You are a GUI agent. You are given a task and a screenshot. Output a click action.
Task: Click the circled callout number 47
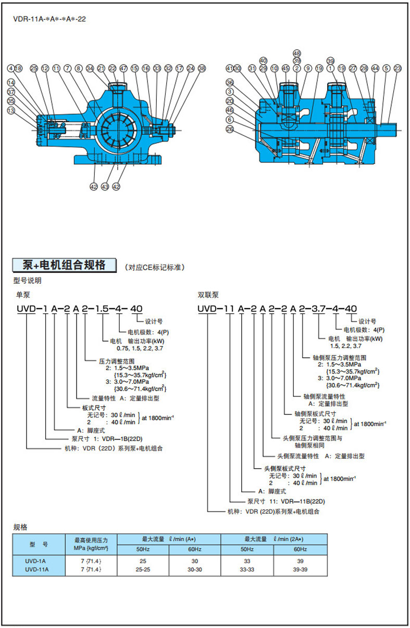point(123,68)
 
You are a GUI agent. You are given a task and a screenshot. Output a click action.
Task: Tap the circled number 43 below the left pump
point(104,186)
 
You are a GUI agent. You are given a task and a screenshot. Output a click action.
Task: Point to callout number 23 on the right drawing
point(397,68)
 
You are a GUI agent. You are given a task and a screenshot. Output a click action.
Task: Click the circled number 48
point(297,54)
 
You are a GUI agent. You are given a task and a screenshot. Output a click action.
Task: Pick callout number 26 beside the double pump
point(229,129)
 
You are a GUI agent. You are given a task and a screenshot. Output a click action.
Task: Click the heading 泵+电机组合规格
point(65,265)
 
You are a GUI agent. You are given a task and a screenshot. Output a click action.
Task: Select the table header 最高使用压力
point(91,540)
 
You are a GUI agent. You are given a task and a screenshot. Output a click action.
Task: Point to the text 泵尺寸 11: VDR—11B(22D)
point(286,501)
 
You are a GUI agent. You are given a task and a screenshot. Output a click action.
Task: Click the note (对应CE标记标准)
point(155,268)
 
